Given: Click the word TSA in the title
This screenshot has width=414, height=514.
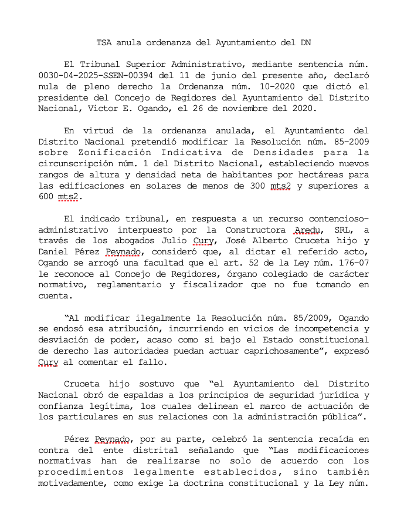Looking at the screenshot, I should (x=104, y=42).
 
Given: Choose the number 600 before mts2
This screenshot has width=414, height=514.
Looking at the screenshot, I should (x=46, y=197).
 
